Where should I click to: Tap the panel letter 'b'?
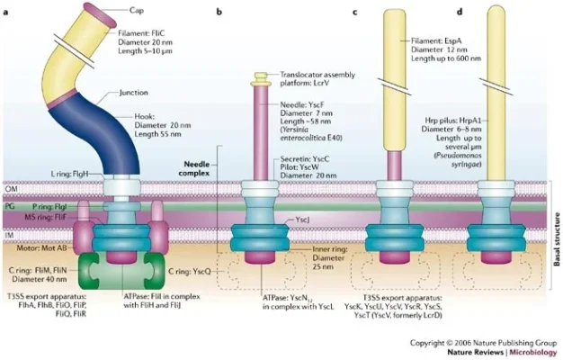[x=220, y=12]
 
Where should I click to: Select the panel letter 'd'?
[x=460, y=12]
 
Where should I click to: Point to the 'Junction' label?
[x=132, y=93]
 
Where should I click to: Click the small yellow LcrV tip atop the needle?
[x=261, y=77]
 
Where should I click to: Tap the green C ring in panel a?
[x=114, y=267]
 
